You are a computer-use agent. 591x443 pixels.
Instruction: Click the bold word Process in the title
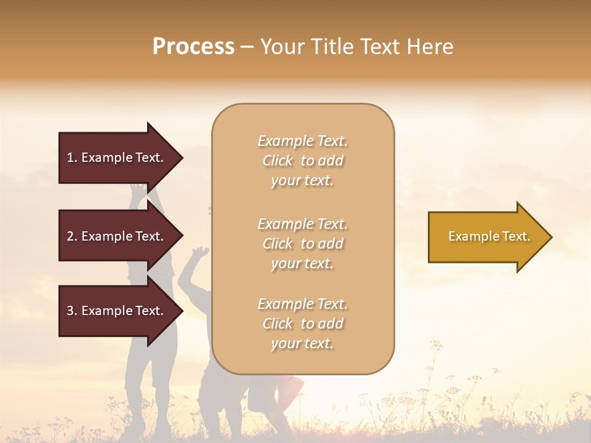(193, 47)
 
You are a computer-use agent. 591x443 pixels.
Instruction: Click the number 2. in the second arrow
(72, 236)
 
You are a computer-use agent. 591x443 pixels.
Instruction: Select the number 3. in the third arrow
(72, 311)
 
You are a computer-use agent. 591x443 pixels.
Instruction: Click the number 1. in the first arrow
(71, 158)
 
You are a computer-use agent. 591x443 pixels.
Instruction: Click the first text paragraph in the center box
(302, 161)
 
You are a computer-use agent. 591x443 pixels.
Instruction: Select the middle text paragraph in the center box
(302, 244)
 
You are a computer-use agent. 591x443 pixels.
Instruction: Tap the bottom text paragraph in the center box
(302, 324)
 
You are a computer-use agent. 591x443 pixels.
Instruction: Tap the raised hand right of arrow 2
(199, 252)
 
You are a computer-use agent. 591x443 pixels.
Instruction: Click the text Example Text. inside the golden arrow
(489, 236)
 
